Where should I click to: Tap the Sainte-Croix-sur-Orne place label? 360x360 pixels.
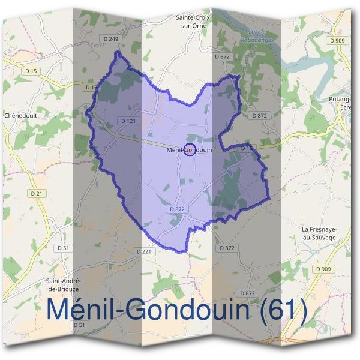click(192, 23)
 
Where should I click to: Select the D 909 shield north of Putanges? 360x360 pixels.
click(337, 40)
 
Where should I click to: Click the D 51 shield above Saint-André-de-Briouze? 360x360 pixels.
click(62, 248)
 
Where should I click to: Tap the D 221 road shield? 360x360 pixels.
click(144, 251)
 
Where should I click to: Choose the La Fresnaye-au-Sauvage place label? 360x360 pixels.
click(319, 233)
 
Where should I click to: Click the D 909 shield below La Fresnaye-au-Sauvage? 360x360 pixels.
click(322, 269)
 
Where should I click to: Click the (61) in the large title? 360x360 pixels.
click(284, 311)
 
